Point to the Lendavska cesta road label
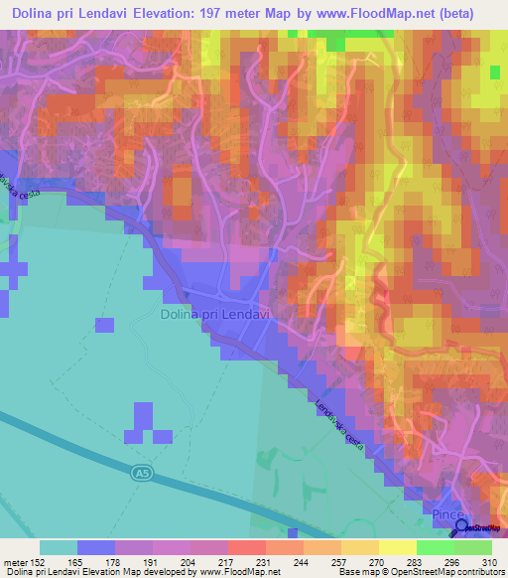tap(336, 411)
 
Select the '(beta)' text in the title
tap(452, 13)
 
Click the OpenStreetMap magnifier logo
tap(461, 526)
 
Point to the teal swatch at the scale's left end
tap(59, 547)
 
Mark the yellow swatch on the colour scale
tap(397, 547)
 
